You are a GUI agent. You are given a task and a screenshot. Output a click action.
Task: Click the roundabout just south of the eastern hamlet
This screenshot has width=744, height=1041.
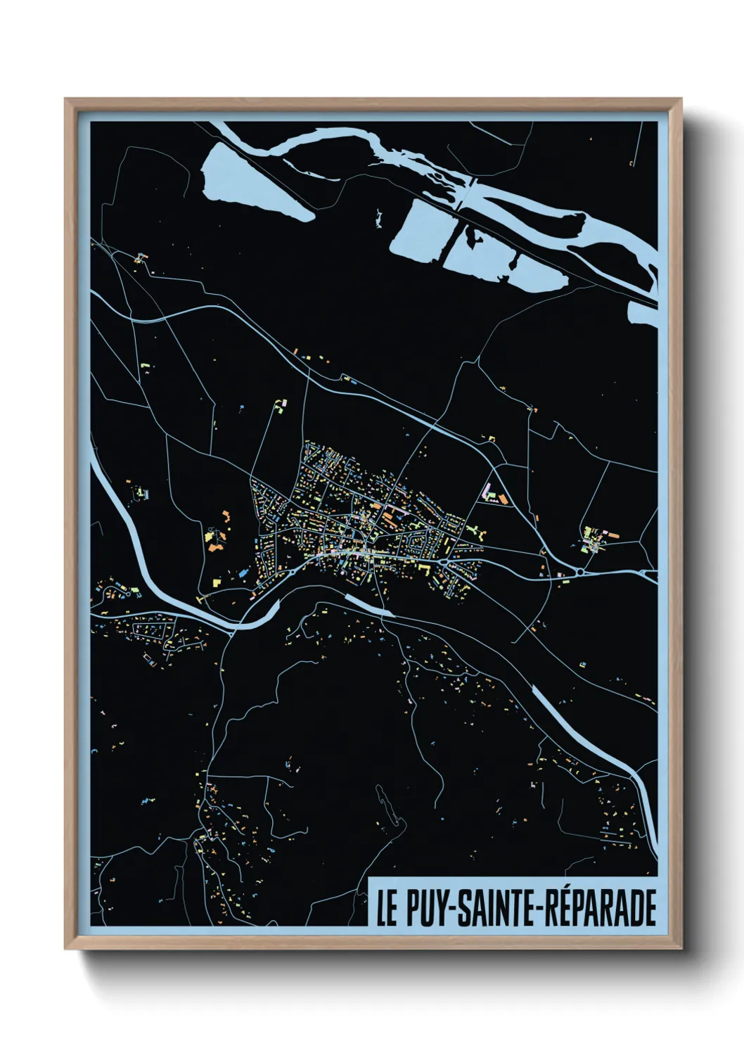579,573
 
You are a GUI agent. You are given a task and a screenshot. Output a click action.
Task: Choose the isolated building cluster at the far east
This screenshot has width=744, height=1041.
594,538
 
